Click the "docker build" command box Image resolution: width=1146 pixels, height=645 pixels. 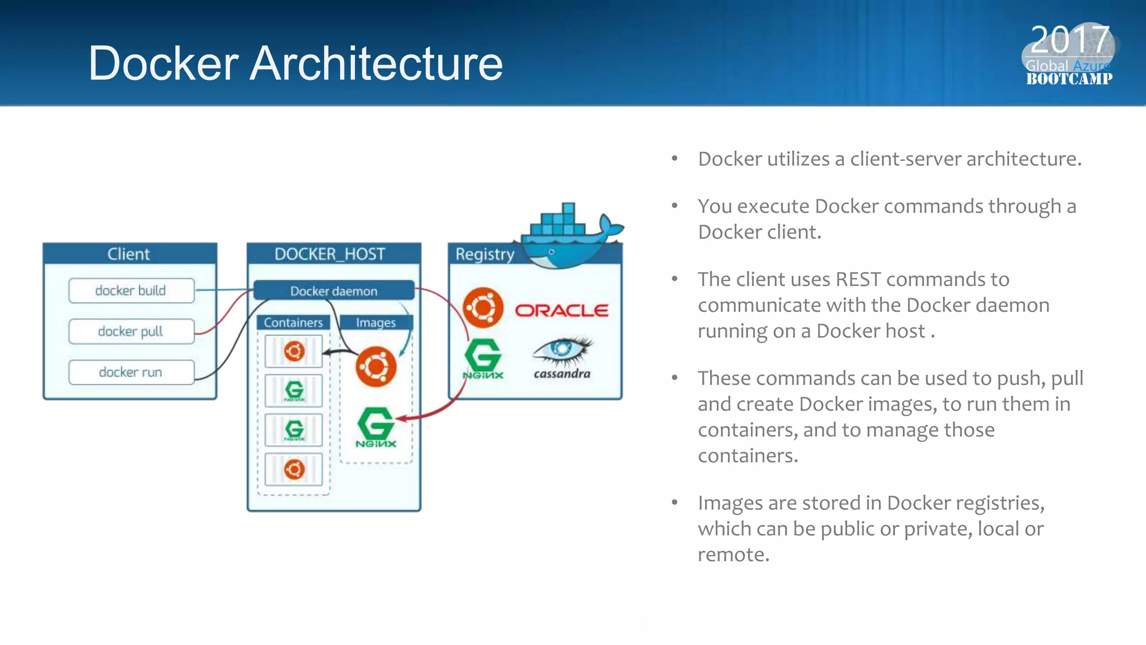[131, 291]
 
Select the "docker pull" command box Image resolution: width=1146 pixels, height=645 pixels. [131, 331]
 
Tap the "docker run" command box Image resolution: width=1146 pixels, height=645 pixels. [131, 372]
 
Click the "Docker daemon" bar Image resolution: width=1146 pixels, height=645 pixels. [334, 291]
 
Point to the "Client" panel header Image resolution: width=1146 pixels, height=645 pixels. [129, 254]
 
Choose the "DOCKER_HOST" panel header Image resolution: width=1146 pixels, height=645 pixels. [330, 254]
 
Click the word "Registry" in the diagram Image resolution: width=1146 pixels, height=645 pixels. [485, 254]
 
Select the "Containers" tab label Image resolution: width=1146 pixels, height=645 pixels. [293, 322]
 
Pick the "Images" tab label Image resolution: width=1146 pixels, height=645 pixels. [375, 322]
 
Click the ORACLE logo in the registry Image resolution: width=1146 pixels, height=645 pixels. [561, 310]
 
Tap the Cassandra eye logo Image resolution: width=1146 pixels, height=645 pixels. [562, 349]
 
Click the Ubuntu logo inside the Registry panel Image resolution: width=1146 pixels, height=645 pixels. [483, 308]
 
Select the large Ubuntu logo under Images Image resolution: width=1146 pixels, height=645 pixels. [376, 367]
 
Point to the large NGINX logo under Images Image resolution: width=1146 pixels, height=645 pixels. [375, 427]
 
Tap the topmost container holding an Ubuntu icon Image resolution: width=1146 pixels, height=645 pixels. [294, 352]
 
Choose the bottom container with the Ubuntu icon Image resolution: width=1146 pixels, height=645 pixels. [294, 469]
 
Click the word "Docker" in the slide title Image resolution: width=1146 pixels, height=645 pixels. [163, 63]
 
